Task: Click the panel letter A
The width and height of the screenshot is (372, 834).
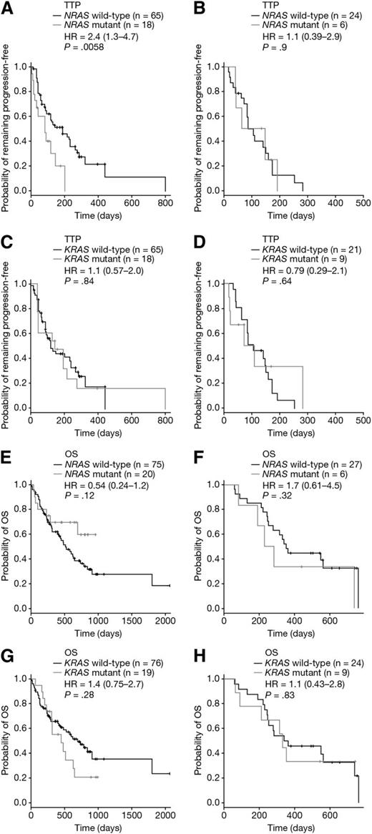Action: click(x=6, y=7)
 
